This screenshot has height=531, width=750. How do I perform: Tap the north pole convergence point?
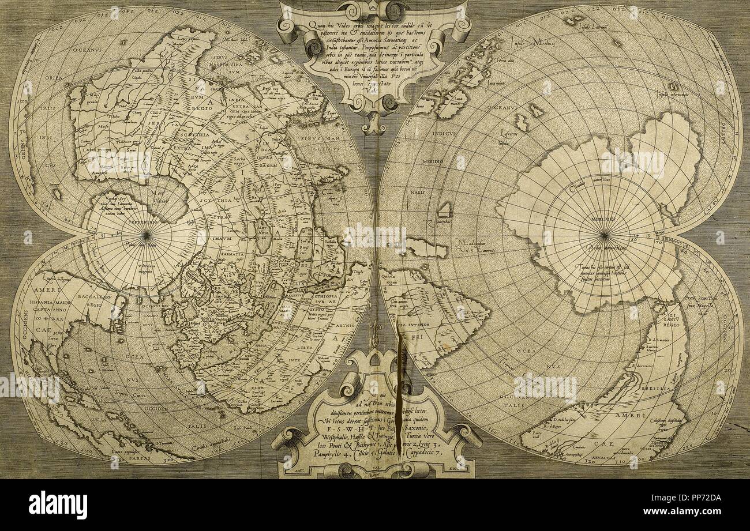[x=146, y=235]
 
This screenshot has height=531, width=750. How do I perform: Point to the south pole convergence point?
[x=604, y=234]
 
